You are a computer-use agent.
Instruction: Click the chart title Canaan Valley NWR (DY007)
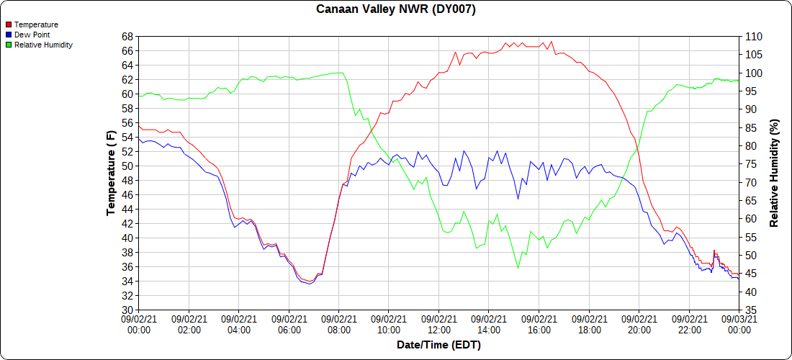396,9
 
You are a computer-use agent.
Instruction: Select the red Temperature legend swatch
9,24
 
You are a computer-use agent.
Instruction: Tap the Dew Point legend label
32,35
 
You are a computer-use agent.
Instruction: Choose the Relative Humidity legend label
43,45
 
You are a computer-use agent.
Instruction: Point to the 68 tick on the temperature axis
127,36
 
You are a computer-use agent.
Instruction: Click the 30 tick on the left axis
127,310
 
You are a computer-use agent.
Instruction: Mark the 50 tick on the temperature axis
127,166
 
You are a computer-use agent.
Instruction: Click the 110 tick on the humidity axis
753,36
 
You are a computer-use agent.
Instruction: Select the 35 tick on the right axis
750,310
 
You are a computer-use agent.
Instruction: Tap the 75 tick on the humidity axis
750,163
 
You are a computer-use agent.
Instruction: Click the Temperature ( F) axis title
112,173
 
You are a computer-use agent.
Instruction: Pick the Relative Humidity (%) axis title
775,173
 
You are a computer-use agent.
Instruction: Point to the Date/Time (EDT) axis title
438,345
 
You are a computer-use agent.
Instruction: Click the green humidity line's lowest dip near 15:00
518,268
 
